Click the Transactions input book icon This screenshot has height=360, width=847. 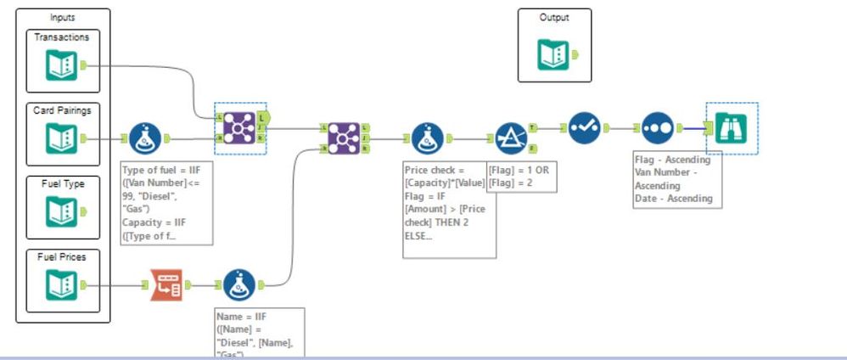[62, 65]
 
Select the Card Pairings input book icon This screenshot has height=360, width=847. [62, 138]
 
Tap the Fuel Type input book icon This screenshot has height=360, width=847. [62, 211]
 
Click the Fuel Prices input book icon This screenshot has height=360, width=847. [62, 284]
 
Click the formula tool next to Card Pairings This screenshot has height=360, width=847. [145, 138]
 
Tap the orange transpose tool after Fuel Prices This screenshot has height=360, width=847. [165, 284]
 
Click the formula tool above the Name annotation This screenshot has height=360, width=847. [239, 284]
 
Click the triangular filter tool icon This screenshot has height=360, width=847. [511, 138]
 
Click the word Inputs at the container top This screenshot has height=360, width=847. [63, 17]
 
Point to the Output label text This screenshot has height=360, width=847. [553, 17]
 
